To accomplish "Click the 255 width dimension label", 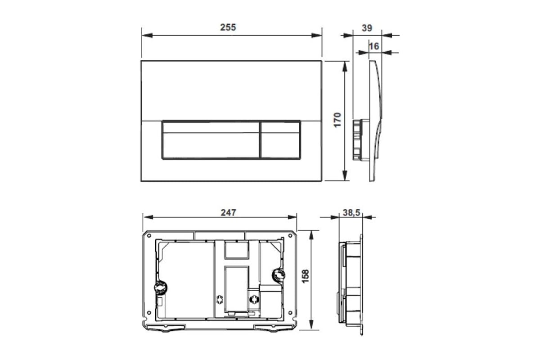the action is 228,27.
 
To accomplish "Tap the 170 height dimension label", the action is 337,120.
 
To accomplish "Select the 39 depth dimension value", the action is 367,28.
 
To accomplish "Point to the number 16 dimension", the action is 374,46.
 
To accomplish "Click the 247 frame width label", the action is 228,212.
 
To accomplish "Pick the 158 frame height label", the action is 306,276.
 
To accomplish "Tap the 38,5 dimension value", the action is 351,213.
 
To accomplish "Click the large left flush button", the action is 211,140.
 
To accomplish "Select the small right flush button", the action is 280,140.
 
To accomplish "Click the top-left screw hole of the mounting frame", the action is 149,236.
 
